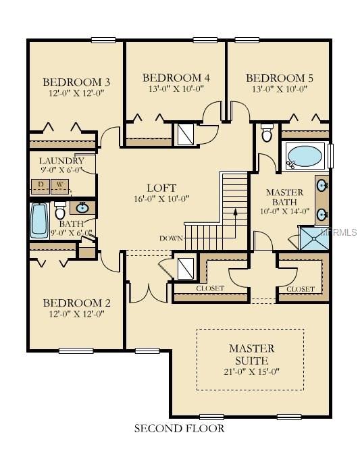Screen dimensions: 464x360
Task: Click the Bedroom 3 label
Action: click(76, 82)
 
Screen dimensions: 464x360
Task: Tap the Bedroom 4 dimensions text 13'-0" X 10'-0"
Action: click(176, 88)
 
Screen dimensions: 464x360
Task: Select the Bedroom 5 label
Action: click(279, 78)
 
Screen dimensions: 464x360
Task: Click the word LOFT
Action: click(161, 188)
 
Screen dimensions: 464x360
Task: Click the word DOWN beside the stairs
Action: click(171, 238)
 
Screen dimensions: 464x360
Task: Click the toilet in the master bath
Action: click(267, 134)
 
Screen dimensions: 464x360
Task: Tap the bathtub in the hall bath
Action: click(38, 220)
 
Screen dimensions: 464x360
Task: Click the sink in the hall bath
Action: click(83, 207)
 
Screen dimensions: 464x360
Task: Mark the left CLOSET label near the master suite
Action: click(209, 288)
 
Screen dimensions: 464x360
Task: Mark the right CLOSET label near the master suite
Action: click(300, 288)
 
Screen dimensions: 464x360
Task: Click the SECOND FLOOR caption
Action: click(179, 428)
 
